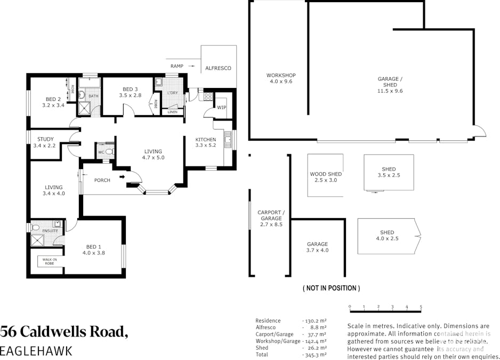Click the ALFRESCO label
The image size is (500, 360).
[218, 68]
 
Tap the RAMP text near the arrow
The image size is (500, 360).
[177, 66]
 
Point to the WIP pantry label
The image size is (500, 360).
[222, 108]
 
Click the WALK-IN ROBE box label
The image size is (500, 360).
[49, 261]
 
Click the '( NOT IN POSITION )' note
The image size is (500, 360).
[331, 288]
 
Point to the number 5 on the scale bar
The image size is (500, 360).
[421, 307]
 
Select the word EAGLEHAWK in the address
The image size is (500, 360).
[36, 351]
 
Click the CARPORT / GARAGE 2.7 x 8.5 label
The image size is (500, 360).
[271, 214]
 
